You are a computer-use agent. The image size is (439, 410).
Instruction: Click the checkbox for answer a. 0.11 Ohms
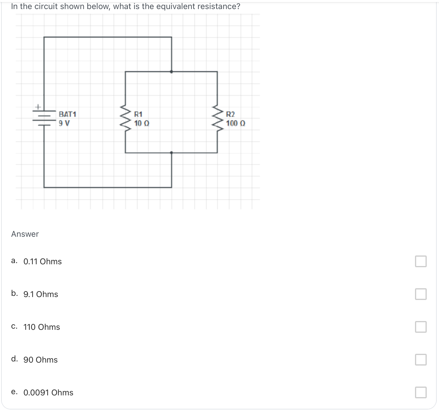[x=421, y=261]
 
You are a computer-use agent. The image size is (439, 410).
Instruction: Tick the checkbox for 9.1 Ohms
[x=421, y=294]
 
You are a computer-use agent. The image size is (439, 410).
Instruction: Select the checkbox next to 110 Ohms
[x=421, y=327]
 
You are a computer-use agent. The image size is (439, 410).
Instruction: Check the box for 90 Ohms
[x=421, y=360]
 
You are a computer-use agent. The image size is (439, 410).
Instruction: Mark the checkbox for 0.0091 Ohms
[x=421, y=392]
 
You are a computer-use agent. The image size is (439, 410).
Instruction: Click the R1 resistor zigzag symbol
[x=126, y=119]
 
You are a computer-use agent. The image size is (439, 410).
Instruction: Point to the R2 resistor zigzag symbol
[x=217, y=119]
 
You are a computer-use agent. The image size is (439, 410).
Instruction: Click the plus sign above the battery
[x=38, y=107]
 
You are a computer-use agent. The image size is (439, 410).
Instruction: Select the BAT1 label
[x=67, y=114]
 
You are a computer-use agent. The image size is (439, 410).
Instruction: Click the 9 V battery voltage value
[x=64, y=123]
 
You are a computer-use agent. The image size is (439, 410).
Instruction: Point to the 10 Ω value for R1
[x=142, y=123]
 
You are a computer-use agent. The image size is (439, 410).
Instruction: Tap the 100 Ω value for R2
[x=236, y=123]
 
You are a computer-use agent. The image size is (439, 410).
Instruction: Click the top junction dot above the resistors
[x=172, y=71]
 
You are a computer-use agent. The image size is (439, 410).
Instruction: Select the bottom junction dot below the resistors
[x=172, y=153]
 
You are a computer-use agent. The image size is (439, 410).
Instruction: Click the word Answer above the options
[x=25, y=234]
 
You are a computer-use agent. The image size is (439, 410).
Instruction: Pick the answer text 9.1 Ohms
[x=41, y=294]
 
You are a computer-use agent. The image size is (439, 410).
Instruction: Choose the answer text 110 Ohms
[x=42, y=327]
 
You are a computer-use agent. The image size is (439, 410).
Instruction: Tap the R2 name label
[x=230, y=114]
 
